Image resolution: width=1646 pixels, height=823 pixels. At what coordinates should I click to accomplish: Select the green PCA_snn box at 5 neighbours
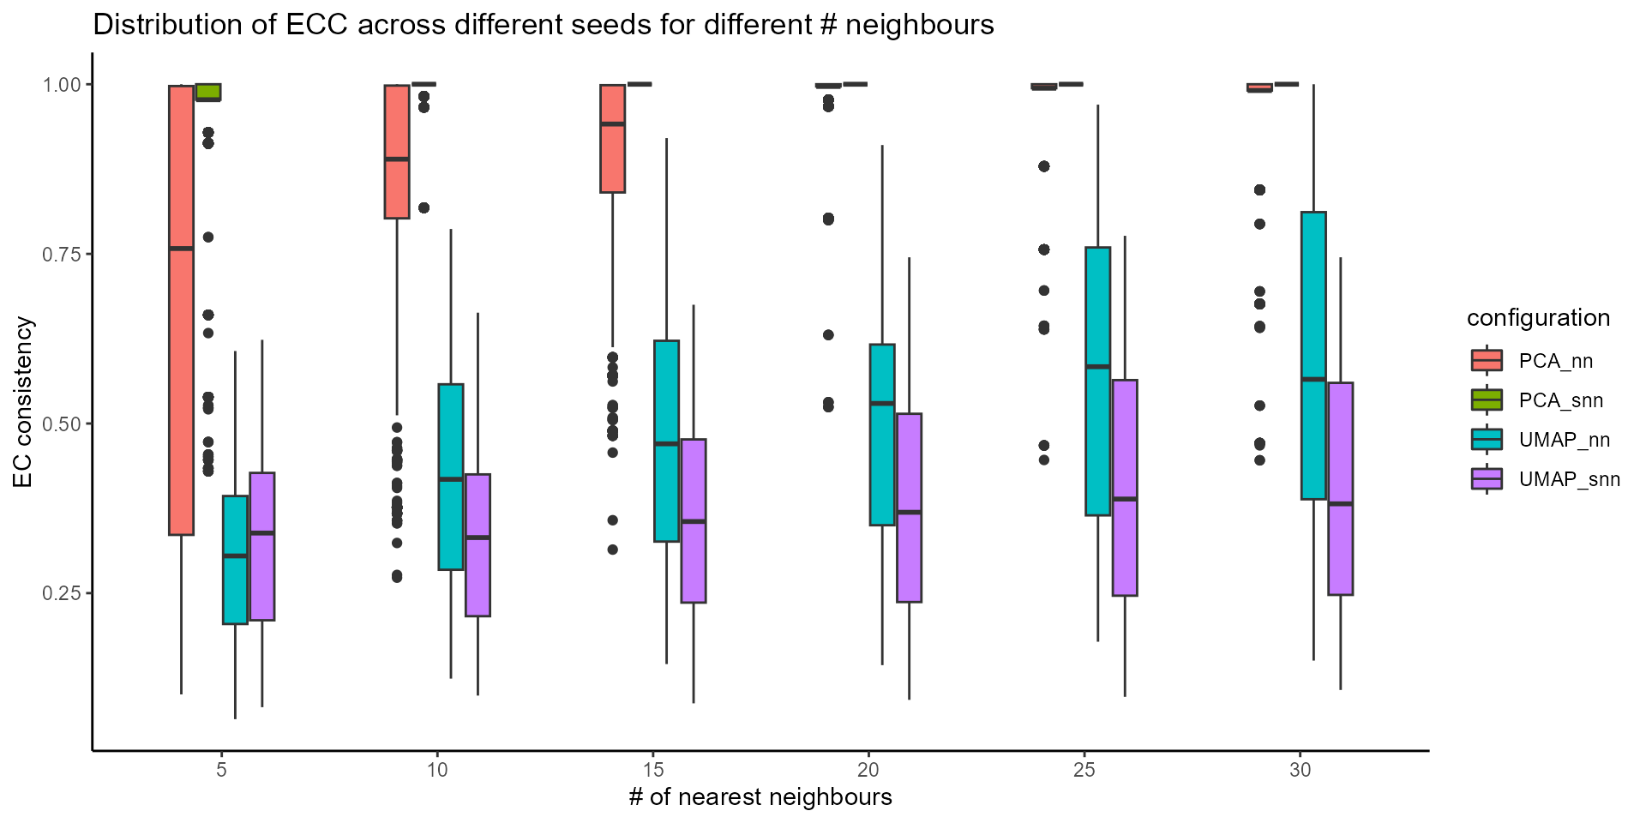(x=208, y=92)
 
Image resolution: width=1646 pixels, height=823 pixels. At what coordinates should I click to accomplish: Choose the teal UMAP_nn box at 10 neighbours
(x=451, y=477)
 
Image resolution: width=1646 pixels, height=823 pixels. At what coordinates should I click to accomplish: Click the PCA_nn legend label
(x=1555, y=361)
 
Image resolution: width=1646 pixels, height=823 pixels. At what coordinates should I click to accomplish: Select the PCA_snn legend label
(x=1560, y=400)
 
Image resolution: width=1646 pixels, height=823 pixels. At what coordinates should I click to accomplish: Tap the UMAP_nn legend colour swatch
(x=1487, y=440)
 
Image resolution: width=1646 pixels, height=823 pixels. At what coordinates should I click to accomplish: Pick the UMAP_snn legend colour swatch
(x=1487, y=479)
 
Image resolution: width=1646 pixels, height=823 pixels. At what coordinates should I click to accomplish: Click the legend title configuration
(x=1538, y=318)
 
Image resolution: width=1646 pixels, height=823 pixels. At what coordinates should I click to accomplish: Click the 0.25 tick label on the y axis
(x=62, y=593)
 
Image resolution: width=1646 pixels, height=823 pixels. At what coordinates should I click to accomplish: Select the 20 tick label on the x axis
(x=868, y=770)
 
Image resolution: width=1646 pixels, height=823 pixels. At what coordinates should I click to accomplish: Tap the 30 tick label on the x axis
(x=1300, y=770)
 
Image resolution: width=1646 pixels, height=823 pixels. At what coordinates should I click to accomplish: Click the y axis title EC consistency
(x=24, y=403)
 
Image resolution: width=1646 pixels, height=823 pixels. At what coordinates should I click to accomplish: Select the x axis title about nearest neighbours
(x=760, y=797)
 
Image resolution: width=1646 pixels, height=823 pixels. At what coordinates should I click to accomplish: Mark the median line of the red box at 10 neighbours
(x=396, y=159)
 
